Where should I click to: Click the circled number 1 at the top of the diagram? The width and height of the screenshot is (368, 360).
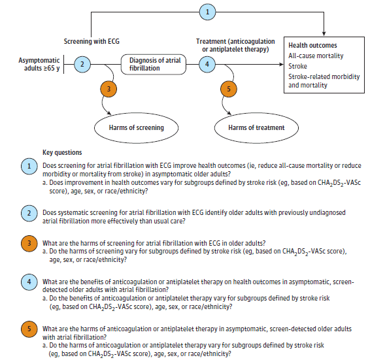pos(208,12)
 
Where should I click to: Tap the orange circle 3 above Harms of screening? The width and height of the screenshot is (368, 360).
pos(110,90)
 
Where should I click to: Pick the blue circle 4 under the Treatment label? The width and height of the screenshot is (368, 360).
pos(207,64)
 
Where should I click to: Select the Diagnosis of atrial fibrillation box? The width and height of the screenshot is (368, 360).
pos(154,64)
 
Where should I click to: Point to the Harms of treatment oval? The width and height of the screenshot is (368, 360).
pos(256,127)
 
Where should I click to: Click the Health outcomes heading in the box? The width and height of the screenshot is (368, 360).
pos(313,46)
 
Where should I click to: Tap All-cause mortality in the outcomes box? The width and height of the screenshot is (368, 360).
pos(316,56)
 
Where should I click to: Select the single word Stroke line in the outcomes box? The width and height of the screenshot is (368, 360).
pos(298,66)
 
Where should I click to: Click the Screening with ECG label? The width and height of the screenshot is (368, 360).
pos(92,41)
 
